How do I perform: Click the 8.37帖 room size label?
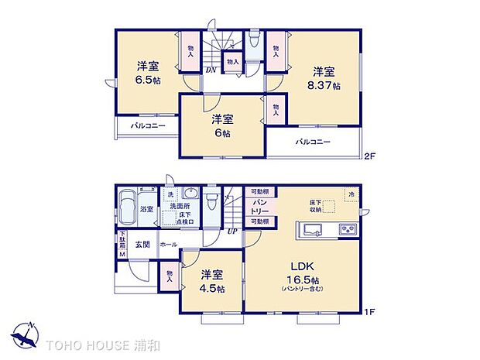[x=324, y=86]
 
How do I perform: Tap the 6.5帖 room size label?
[x=148, y=80]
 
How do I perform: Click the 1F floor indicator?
[x=370, y=312]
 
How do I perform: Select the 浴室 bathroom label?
[x=146, y=210]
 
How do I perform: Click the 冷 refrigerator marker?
[x=351, y=194]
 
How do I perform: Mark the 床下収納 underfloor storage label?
[x=315, y=204]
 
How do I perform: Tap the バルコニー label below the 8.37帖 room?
[x=314, y=142]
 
